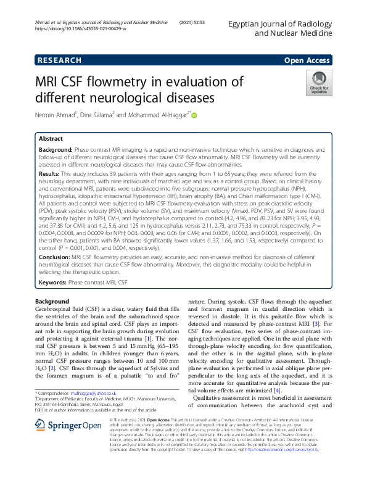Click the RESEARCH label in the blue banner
pos(59,60)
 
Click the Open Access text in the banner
pos(307,60)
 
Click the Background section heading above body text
pos(52,301)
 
